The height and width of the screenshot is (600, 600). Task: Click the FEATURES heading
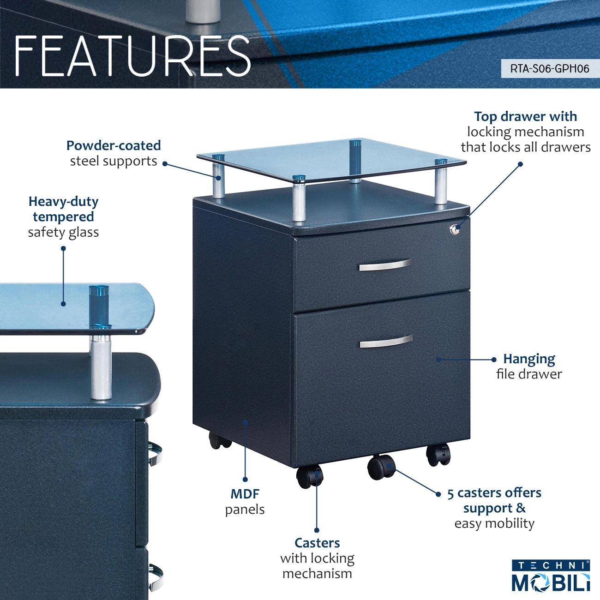pyautogui.click(x=132, y=56)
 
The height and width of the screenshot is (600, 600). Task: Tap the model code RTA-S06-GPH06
pyautogui.click(x=549, y=69)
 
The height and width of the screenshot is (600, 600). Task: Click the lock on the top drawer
pyautogui.click(x=455, y=229)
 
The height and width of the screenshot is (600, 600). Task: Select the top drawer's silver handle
pyautogui.click(x=384, y=265)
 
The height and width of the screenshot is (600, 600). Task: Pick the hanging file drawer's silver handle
pyautogui.click(x=386, y=342)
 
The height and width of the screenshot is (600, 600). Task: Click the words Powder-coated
pyautogui.click(x=114, y=146)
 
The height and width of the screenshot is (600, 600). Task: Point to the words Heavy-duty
pyautogui.click(x=63, y=202)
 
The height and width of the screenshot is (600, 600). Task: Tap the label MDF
pyautogui.click(x=245, y=494)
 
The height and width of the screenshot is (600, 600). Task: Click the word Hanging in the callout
pyautogui.click(x=529, y=359)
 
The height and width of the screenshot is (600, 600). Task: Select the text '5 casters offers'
pyautogui.click(x=494, y=493)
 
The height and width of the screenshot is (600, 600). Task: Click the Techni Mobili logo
pyautogui.click(x=551, y=576)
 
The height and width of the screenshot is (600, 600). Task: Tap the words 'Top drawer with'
pyautogui.click(x=525, y=116)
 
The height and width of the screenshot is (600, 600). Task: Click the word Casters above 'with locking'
pyautogui.click(x=317, y=543)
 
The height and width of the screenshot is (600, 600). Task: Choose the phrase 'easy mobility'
pyautogui.click(x=494, y=523)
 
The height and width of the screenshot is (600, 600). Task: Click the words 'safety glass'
pyautogui.click(x=63, y=232)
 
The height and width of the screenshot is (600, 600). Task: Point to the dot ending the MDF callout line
pyautogui.click(x=245, y=479)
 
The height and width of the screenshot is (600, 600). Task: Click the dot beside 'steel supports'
pyautogui.click(x=165, y=164)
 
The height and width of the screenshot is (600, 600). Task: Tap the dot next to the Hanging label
pyautogui.click(x=494, y=360)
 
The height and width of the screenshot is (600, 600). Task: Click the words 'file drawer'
pyautogui.click(x=529, y=374)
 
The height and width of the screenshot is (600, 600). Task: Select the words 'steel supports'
pyautogui.click(x=114, y=161)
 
